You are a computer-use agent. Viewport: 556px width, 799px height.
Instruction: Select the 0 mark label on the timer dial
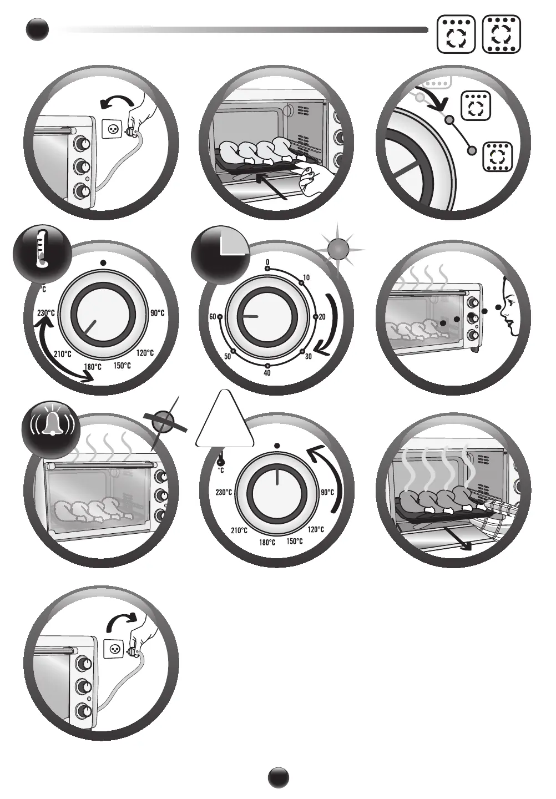267,262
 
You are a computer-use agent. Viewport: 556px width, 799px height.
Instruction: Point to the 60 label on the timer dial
213,316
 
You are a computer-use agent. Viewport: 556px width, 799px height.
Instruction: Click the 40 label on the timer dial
267,373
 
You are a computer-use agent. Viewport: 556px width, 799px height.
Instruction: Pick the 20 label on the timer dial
322,316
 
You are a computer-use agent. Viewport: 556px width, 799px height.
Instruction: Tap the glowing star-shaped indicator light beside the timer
340,246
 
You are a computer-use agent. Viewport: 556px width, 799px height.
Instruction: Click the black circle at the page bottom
279,777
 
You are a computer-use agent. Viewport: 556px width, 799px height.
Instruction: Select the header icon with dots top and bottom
502,34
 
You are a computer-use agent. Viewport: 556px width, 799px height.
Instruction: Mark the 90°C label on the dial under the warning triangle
327,492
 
